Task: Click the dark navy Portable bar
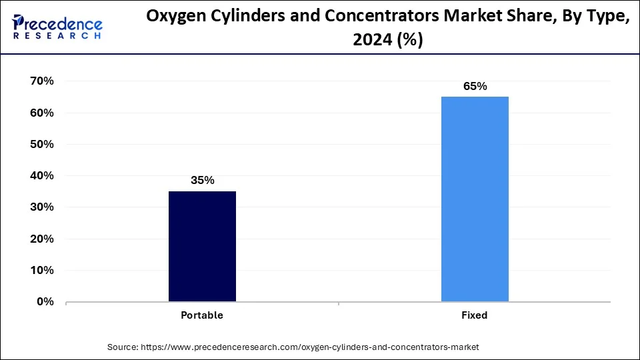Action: click(x=202, y=246)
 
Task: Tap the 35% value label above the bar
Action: click(x=202, y=180)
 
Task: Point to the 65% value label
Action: click(x=475, y=86)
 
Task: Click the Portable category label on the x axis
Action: click(x=202, y=315)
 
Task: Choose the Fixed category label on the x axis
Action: click(x=475, y=315)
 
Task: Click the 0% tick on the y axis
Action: click(x=44, y=302)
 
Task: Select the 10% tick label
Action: click(x=41, y=271)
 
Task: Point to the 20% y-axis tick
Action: click(x=41, y=239)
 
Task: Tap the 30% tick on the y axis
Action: click(x=41, y=207)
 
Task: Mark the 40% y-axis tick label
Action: click(x=41, y=176)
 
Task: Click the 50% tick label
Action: click(x=41, y=144)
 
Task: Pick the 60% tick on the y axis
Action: click(x=41, y=113)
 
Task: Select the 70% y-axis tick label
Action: click(x=41, y=81)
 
